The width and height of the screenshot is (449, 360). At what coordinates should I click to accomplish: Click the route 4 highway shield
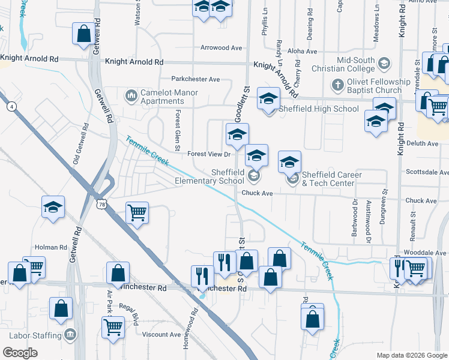tap(11, 107)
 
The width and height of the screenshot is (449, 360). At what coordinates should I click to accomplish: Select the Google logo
tap(20, 352)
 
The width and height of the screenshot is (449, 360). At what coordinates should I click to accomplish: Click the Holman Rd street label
tap(50, 247)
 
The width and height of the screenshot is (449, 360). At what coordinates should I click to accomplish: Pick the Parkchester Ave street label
tap(196, 79)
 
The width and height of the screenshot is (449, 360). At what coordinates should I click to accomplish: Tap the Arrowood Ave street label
tap(221, 48)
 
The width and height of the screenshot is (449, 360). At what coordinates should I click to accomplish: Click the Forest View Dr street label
tap(209, 154)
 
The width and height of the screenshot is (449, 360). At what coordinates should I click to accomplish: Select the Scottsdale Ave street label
tap(424, 172)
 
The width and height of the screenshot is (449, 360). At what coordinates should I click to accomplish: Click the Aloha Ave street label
tap(302, 52)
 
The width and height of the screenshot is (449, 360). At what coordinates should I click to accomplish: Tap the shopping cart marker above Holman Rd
tap(137, 212)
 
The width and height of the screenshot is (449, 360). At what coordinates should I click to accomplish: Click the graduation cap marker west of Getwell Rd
tap(53, 208)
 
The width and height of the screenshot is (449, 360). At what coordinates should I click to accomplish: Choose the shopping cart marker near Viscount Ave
tap(113, 328)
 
